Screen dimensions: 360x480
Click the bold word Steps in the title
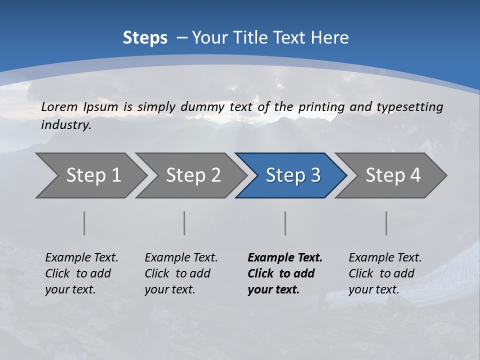click(x=145, y=38)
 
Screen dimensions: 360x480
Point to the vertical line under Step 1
click(x=84, y=223)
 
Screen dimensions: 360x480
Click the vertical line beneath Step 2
click(x=184, y=223)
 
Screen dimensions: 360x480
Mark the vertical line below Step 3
click(x=285, y=223)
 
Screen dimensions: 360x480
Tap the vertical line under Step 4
click(x=386, y=223)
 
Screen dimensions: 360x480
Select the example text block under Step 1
click(x=81, y=273)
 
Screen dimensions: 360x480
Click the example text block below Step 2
click(x=181, y=273)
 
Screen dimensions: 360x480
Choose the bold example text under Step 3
click(x=285, y=273)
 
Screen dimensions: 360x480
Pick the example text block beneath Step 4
click(x=385, y=273)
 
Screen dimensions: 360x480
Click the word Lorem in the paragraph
click(x=59, y=107)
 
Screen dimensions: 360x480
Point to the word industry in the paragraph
click(x=65, y=125)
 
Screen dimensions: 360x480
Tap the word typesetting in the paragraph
click(x=409, y=107)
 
